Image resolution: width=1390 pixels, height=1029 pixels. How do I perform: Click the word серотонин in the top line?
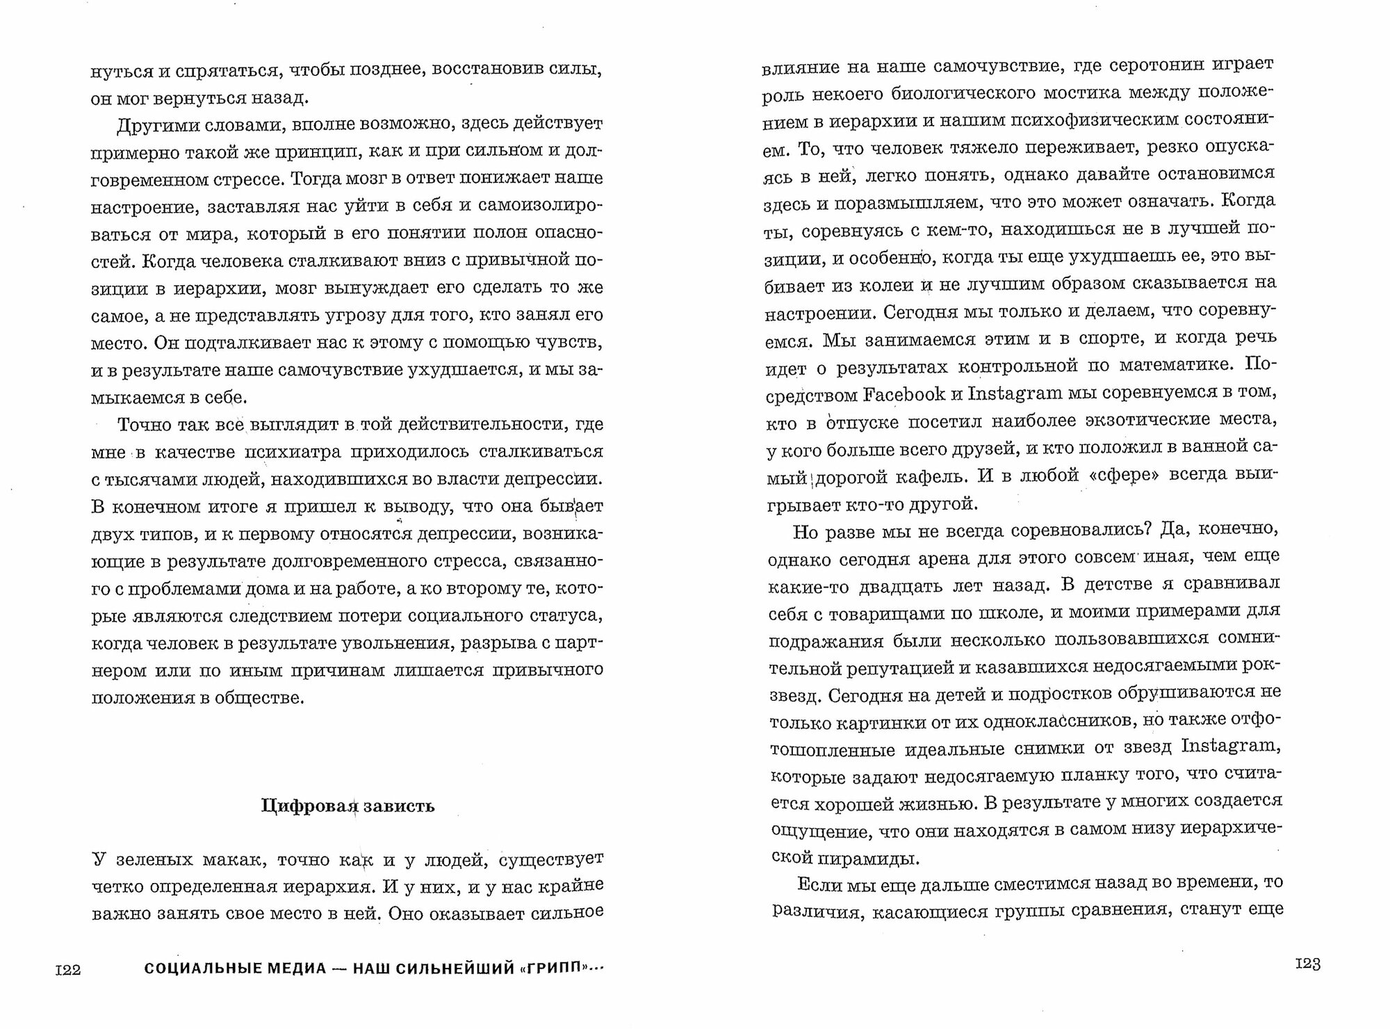tap(1133, 65)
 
